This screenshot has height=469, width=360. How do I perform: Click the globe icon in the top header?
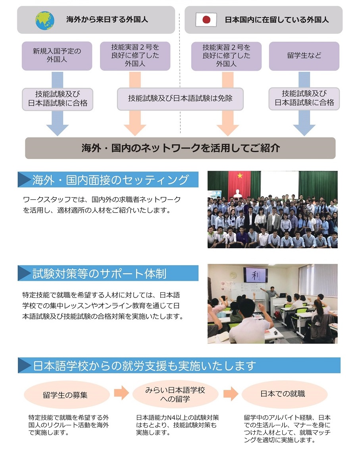point(45,20)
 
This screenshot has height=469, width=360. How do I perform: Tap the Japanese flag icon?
point(206,20)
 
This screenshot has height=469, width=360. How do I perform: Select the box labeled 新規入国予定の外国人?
point(57,56)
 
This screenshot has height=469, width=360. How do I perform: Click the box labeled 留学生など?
point(304,56)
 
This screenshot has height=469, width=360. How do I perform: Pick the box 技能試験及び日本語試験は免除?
point(180,99)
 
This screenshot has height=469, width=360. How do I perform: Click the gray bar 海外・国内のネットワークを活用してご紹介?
point(180,148)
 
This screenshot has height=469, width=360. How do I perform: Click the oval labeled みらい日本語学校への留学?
point(175,394)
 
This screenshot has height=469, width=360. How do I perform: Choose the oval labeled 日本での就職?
point(283,394)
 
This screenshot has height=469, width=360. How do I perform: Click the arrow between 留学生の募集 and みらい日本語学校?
point(121,393)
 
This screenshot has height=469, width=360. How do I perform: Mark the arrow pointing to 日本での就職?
point(231,394)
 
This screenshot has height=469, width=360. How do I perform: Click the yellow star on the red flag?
point(240,176)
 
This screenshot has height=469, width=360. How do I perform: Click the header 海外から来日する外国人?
point(107,20)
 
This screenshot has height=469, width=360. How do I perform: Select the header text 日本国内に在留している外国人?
point(277,20)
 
